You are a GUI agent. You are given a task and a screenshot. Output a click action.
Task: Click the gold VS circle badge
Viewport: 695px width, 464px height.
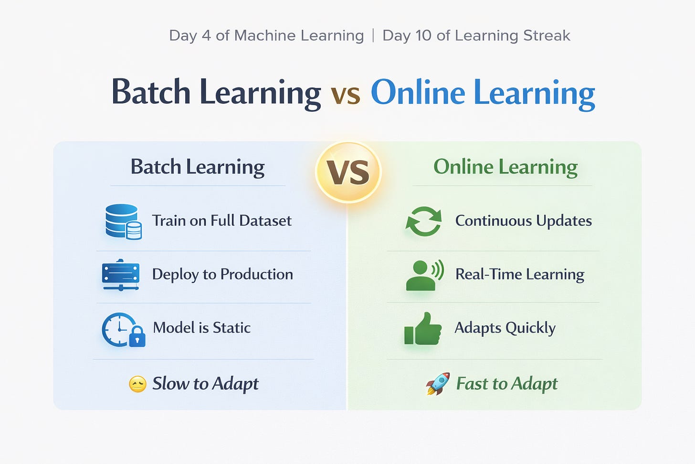coord(348,172)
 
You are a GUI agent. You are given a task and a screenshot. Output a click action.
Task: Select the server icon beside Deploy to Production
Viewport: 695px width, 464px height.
coord(120,275)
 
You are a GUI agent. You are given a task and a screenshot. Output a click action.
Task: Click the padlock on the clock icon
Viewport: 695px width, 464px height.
coord(137,336)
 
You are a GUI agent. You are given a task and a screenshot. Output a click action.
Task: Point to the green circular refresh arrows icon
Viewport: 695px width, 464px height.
coord(424,221)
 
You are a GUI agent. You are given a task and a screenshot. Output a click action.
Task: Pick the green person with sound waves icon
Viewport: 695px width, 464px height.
coord(425,275)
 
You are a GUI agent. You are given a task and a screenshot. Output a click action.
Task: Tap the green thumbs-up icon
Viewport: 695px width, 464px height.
coord(422,329)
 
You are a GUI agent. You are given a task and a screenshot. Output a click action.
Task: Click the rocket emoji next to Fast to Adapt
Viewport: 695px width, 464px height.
coord(438,384)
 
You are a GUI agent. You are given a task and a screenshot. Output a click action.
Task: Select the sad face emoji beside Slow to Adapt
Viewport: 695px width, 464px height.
coord(137,384)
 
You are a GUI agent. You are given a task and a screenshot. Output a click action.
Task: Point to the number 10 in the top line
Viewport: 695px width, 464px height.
coord(423,35)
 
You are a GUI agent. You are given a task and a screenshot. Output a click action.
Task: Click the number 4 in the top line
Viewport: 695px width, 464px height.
coord(206,35)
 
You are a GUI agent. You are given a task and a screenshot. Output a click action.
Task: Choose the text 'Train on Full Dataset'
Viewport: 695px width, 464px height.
coord(221,221)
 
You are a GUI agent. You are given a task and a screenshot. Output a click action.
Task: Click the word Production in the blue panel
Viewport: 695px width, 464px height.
coord(257,274)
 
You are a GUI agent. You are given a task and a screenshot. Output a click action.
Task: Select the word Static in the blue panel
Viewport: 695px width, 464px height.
coord(232,328)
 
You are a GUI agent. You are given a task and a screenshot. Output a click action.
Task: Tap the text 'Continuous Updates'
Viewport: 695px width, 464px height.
coord(524,221)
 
